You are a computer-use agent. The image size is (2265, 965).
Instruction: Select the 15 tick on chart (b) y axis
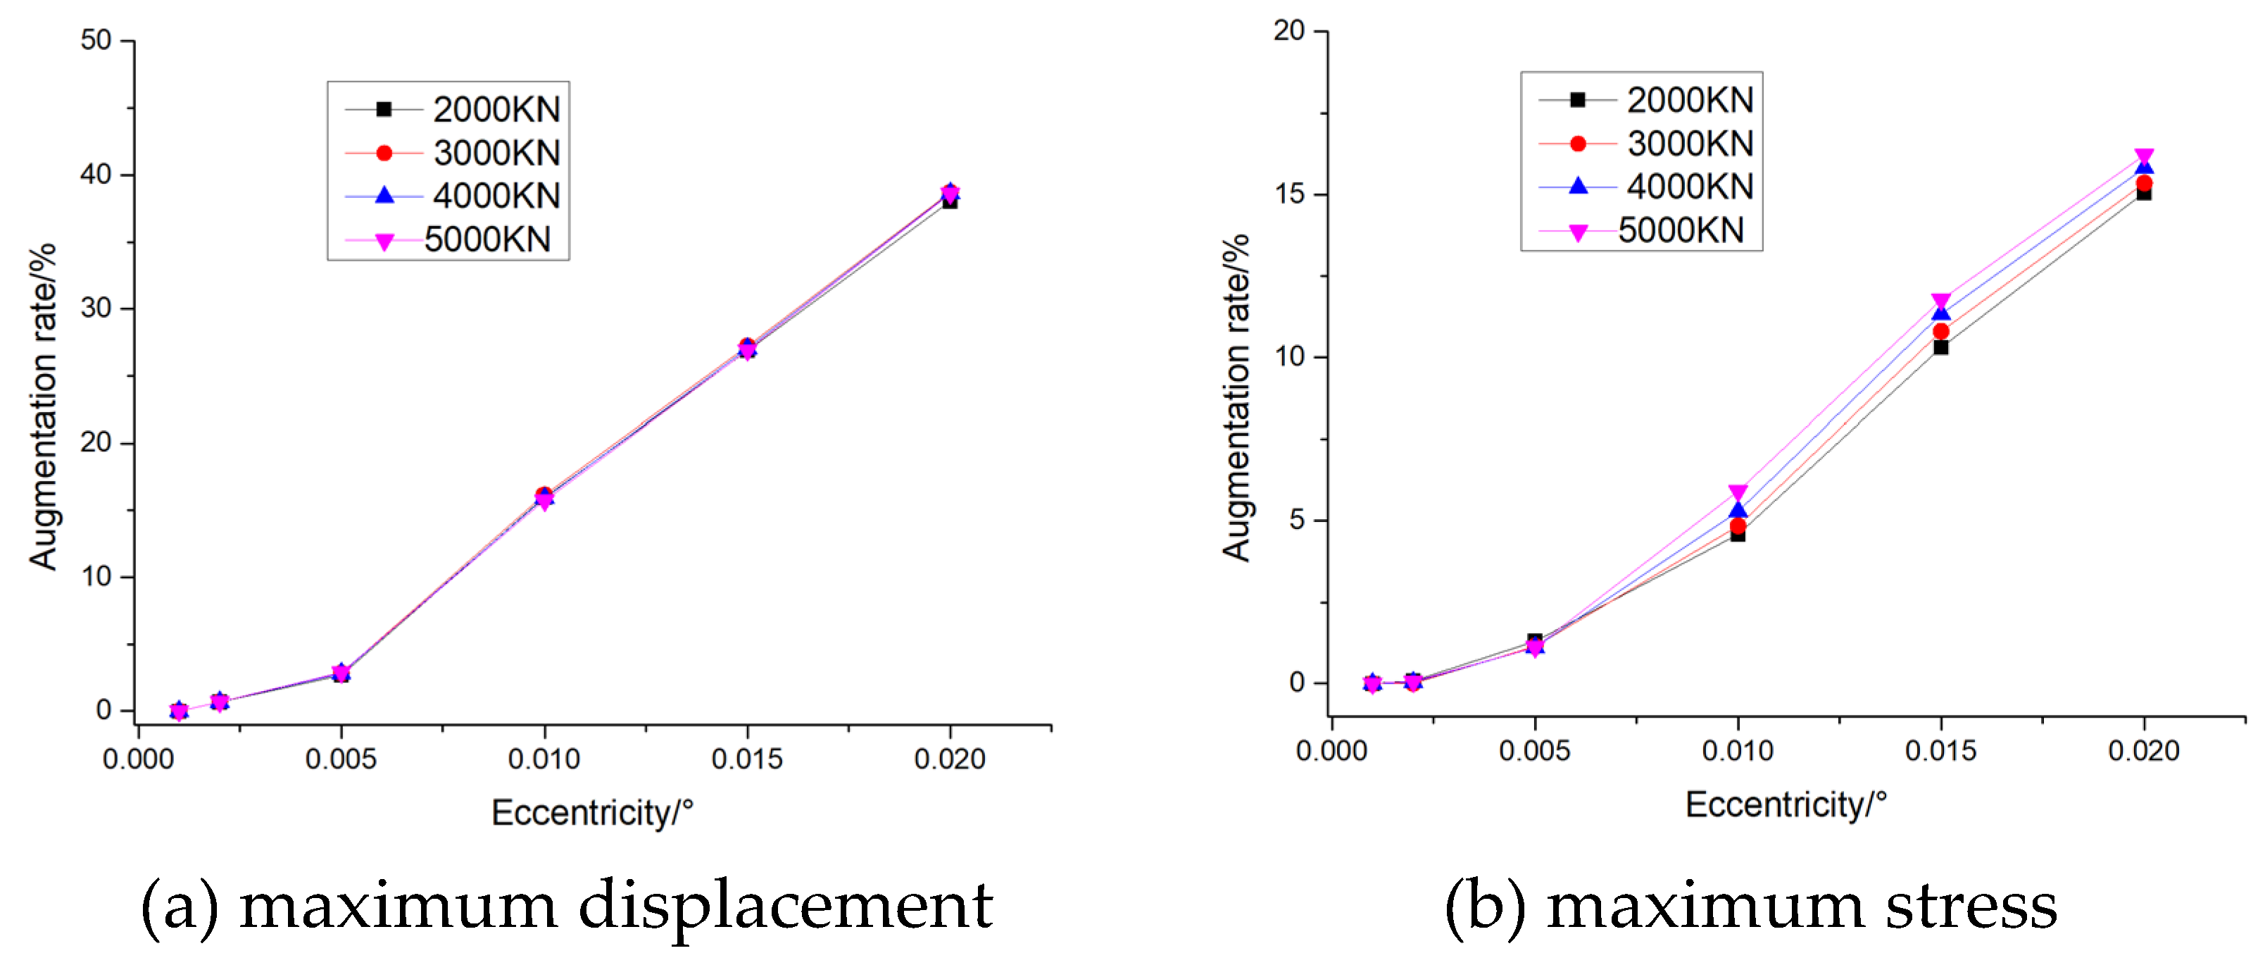point(1289,194)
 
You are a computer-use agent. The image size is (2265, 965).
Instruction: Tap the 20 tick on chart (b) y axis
point(1289,31)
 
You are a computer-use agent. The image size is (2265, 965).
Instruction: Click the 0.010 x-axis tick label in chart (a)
point(544,759)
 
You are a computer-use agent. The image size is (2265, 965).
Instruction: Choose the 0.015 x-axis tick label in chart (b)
point(1940,750)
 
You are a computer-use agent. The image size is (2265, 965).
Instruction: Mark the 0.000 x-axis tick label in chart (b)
point(1331,750)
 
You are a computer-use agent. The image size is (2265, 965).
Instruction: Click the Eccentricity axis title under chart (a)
point(591,812)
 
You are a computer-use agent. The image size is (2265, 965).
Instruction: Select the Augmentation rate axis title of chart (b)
point(1236,397)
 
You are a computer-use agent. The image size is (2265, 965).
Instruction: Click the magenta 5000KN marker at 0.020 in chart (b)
point(2145,158)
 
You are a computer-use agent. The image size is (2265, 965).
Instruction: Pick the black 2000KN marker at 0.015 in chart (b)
point(1940,347)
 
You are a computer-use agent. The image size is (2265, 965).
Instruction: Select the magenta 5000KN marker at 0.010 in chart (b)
point(1738,492)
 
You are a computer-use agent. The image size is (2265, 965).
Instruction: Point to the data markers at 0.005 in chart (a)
point(341,674)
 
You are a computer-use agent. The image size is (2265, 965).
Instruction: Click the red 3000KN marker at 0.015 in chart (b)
point(1940,332)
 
